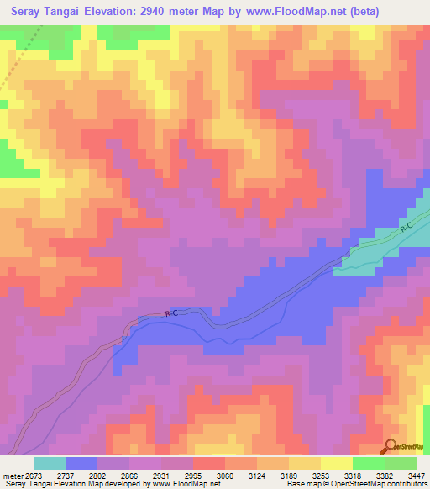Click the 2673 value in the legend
point(33,475)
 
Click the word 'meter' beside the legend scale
point(11,475)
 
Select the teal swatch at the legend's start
point(49,463)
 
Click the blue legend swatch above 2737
point(81,463)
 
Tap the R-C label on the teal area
point(406,229)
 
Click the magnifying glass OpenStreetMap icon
point(391,446)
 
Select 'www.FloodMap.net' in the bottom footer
point(182,485)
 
